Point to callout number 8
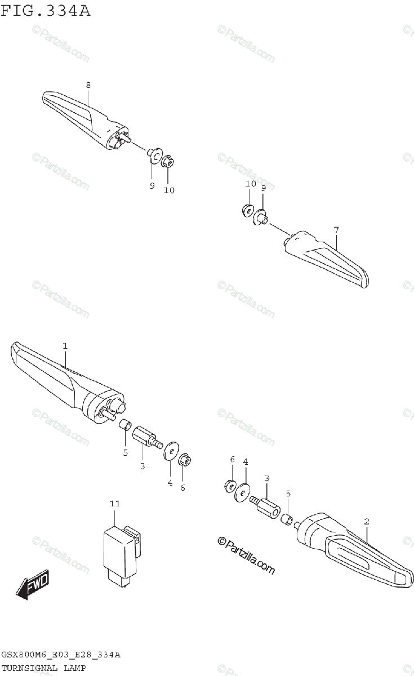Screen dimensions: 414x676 pos(88,84)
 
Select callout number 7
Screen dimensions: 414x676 pos(336,230)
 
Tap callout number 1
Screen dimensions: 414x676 pos(65,345)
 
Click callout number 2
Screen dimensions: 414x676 pos(366,522)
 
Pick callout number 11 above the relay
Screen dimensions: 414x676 pos(115,503)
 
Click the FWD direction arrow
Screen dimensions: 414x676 pos(33,584)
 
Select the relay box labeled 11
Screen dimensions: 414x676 pos(119,550)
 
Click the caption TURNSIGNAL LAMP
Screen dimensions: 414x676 pos(43,668)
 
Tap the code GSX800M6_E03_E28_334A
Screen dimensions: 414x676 pos(60,655)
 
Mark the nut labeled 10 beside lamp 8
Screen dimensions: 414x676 pos(167,162)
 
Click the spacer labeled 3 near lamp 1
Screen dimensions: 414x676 pos(144,437)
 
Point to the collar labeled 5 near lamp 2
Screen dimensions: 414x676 pos(287,517)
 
